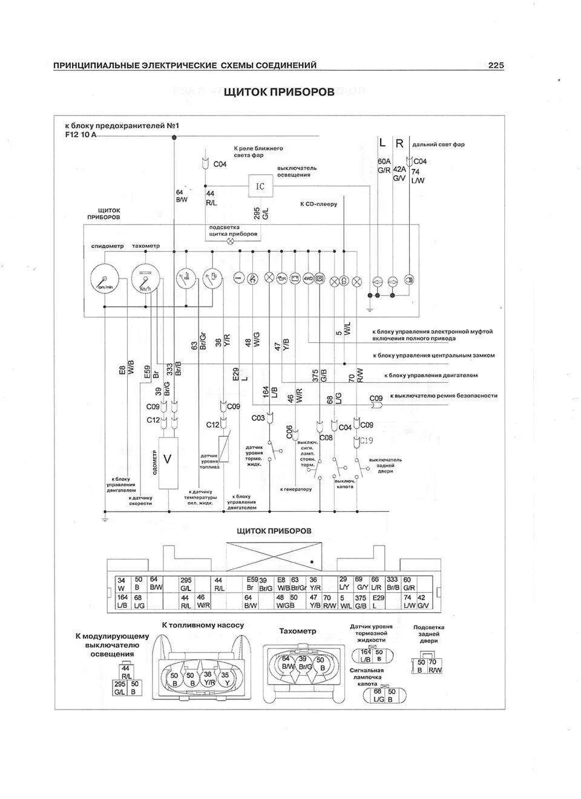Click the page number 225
496,65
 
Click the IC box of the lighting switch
260,186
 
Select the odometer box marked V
168,460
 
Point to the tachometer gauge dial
145,279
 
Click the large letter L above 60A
382,143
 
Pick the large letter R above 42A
399,143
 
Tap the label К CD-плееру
318,204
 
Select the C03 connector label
258,418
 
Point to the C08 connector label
326,437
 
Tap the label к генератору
296,489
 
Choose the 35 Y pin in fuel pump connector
225,678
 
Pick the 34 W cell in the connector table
121,583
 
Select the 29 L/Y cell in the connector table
344,583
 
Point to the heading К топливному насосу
202,625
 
